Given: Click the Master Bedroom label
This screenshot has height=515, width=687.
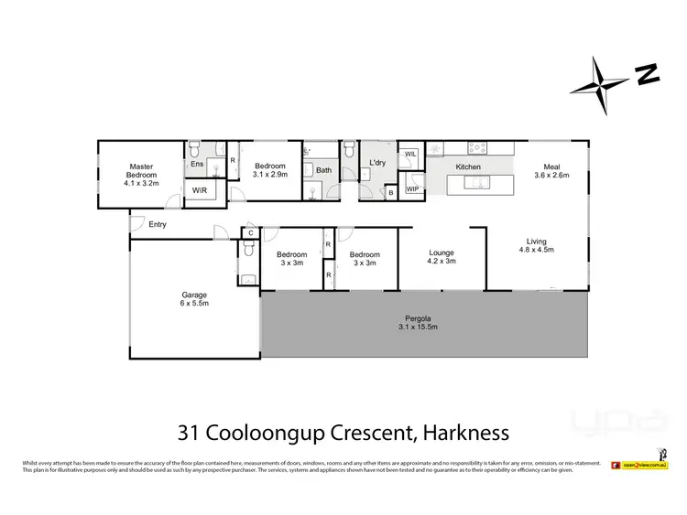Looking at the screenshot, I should [x=142, y=175].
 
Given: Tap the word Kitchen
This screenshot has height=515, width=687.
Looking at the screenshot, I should [x=468, y=167].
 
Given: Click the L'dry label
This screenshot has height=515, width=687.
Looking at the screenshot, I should [x=377, y=163].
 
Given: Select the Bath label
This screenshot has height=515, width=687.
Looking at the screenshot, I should [x=323, y=170].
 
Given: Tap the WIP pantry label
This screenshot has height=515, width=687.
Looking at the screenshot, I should [x=412, y=189].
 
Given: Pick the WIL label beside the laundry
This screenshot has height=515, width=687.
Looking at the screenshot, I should [x=410, y=155].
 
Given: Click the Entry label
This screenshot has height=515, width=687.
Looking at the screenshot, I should [x=158, y=224].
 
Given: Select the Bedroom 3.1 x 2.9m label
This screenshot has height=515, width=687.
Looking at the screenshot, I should [x=270, y=169].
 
